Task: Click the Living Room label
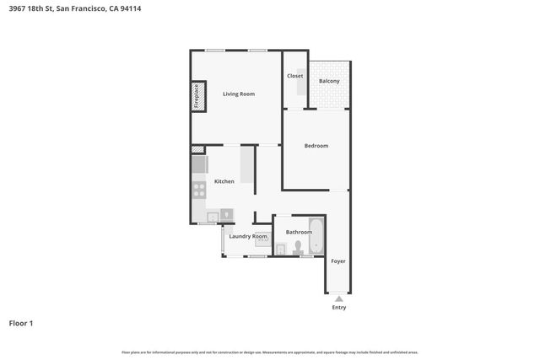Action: tap(239, 94)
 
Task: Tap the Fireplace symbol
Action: tap(197, 96)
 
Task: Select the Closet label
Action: tap(294, 76)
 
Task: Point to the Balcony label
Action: tap(329, 81)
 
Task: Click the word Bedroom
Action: tap(316, 146)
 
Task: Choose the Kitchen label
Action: tap(224, 181)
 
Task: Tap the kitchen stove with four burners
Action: tap(199, 190)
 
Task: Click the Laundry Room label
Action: tap(248, 236)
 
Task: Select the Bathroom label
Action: tap(299, 231)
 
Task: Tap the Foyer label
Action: tap(338, 261)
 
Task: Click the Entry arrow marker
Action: tap(338, 298)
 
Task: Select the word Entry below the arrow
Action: tap(338, 308)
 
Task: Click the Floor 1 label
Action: tap(21, 323)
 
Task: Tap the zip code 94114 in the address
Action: tap(154, 9)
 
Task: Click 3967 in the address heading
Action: tap(17, 9)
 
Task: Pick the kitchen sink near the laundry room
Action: tap(213, 218)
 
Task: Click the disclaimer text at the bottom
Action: tap(270, 352)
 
